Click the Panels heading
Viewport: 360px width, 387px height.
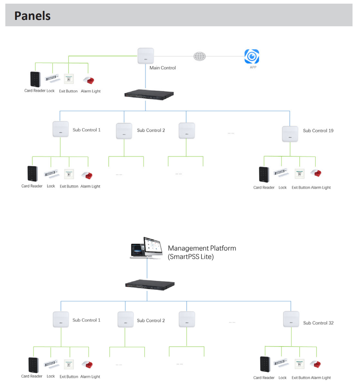pos(32,16)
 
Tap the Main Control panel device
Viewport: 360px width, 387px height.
pos(146,56)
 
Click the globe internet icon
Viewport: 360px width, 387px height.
pos(199,56)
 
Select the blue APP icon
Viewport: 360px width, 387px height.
pos(252,56)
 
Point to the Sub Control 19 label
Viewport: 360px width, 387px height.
pos(318,131)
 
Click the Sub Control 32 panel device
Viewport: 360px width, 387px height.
pos(291,319)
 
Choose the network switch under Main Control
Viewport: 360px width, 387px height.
pos(149,95)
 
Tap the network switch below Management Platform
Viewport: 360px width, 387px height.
pos(150,285)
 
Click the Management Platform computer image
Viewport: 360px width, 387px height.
pos(146,248)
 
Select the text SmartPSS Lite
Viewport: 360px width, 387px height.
pos(191,257)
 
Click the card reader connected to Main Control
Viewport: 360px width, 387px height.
pos(35,79)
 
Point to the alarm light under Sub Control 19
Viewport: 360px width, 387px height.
pos(316,173)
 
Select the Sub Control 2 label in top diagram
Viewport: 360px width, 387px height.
pos(151,130)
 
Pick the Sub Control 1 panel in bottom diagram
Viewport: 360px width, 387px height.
pos(61,320)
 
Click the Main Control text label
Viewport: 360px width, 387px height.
pos(162,68)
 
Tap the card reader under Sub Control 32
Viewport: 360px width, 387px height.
pos(265,364)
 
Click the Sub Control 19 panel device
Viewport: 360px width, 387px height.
pos(290,134)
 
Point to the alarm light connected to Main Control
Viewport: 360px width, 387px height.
pos(89,80)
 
